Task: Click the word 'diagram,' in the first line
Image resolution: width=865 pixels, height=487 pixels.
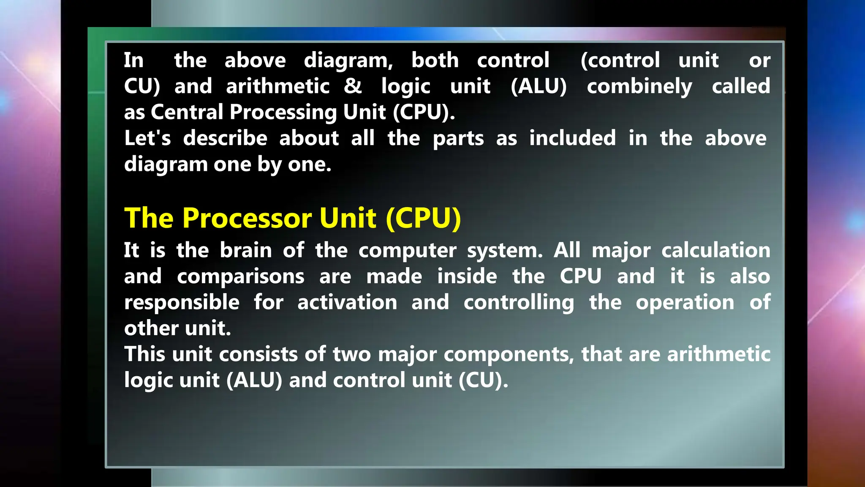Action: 348,61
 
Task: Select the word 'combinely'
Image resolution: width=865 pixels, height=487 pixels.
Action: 639,87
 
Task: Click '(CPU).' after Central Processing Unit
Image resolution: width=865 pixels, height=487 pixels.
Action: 424,112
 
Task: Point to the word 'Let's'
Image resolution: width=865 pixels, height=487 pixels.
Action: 147,138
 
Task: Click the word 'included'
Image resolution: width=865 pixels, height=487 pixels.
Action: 572,138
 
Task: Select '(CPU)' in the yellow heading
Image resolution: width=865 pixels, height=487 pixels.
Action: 423,218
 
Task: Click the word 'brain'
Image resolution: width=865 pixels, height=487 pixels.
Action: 246,250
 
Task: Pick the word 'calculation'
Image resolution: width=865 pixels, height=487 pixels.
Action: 715,250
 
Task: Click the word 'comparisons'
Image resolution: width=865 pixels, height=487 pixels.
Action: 240,277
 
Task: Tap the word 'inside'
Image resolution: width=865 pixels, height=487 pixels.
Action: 467,276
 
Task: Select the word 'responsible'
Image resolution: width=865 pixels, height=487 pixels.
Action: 182,303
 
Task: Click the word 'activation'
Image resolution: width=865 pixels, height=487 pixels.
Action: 347,303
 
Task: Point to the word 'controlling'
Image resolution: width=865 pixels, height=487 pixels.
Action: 519,303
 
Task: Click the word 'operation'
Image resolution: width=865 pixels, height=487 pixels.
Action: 685,303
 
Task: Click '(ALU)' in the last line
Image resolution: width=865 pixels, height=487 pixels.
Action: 254,380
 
